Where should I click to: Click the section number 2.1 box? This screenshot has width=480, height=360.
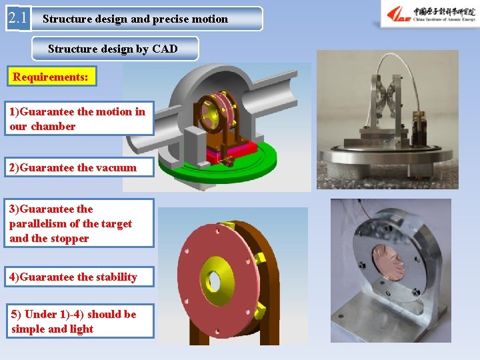(19, 18)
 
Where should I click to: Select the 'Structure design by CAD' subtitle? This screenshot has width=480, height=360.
(113, 49)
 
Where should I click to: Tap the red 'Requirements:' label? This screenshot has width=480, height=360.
(51, 77)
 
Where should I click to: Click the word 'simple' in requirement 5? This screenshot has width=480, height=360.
(29, 329)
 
